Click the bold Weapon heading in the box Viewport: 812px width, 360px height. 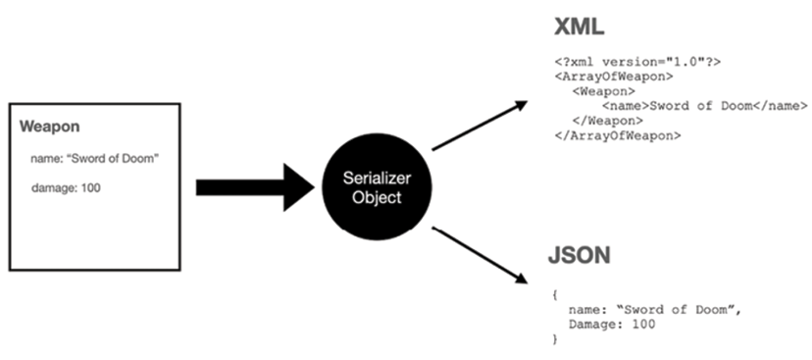coord(50,128)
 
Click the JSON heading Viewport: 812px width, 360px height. coord(580,258)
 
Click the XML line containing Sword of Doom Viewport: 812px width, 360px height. coord(704,105)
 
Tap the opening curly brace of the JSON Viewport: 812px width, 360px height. coord(554,293)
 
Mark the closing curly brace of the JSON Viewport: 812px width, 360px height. coord(554,337)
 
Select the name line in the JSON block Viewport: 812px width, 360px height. coord(653,308)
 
